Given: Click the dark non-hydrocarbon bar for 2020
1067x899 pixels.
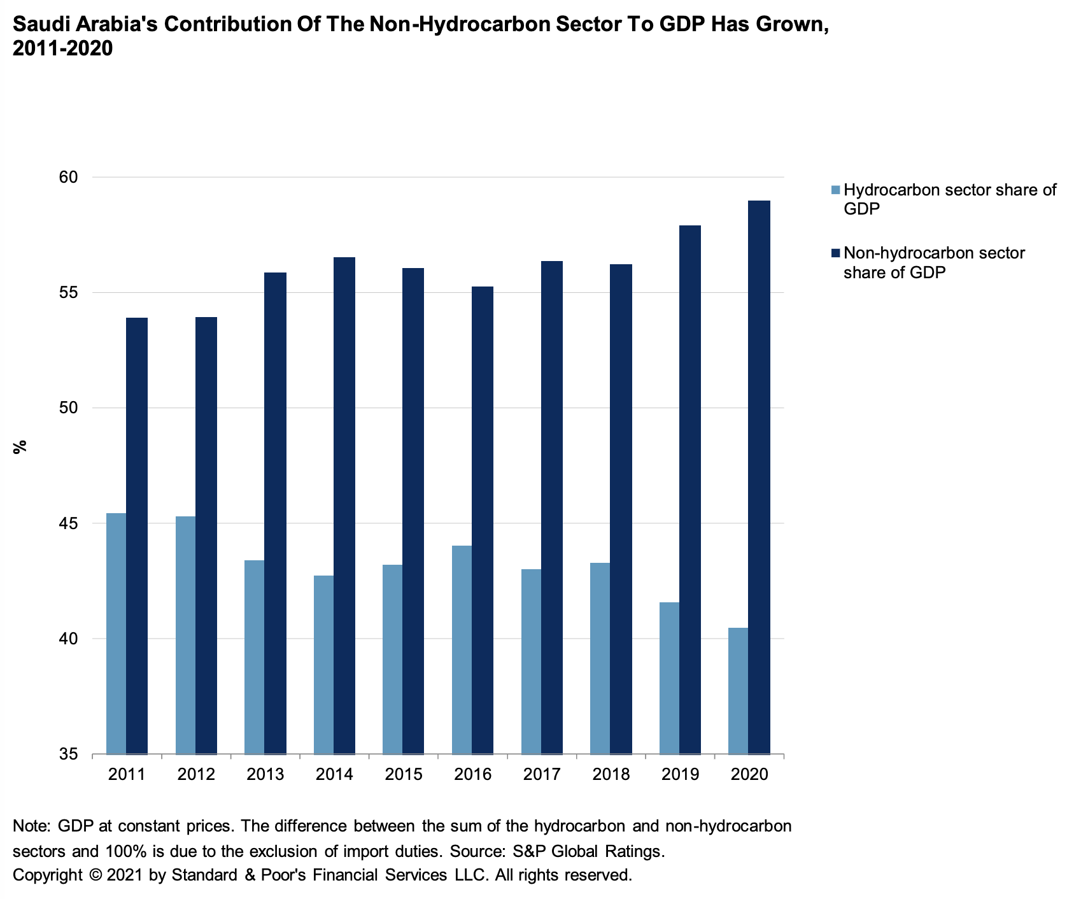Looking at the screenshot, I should [x=759, y=478].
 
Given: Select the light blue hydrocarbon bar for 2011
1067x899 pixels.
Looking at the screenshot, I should [x=116, y=634].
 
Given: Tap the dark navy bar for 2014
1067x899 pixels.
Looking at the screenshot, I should [x=344, y=506].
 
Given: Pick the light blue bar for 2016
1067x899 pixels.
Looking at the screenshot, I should [x=462, y=649].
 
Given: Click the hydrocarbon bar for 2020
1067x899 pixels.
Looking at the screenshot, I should [x=738, y=691].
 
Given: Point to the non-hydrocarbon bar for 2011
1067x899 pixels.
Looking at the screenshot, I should [x=137, y=535].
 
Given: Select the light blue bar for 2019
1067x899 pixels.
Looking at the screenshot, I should [x=669, y=678].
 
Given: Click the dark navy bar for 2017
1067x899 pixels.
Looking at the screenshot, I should [x=552, y=507].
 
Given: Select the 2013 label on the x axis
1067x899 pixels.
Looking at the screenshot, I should [x=265, y=775].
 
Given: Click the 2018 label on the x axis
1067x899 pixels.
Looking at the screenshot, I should [x=611, y=775].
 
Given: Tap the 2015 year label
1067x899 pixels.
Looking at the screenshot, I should [x=404, y=775].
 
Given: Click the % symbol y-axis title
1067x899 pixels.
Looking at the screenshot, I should [x=20, y=447].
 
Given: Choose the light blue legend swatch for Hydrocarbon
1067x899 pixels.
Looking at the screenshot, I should [x=836, y=190].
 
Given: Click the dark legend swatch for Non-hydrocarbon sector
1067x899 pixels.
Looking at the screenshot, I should [x=836, y=253].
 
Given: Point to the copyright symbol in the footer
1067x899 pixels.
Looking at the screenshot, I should [x=96, y=875].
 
